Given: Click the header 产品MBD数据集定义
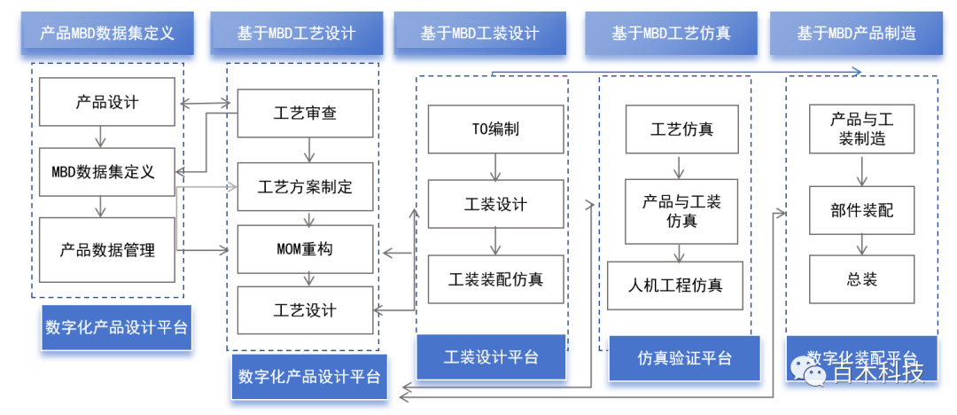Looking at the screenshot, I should click(x=107, y=34).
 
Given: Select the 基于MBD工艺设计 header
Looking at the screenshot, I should click(x=296, y=34).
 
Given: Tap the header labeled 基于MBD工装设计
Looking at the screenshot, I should click(x=479, y=34).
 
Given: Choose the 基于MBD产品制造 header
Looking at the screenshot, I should click(x=856, y=34).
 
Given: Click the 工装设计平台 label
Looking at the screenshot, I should click(x=491, y=357).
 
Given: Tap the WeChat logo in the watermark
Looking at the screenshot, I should click(x=809, y=371).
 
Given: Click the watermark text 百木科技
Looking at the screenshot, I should click(x=877, y=372).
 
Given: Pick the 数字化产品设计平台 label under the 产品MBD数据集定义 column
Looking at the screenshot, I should click(x=116, y=327).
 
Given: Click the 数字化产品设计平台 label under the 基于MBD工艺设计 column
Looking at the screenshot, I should click(x=309, y=377).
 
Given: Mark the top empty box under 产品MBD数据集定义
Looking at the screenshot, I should click(x=106, y=102).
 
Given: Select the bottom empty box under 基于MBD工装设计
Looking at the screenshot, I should click(x=495, y=279).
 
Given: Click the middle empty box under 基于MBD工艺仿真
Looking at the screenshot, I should click(x=681, y=211).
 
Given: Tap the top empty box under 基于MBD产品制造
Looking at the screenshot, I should click(x=861, y=129).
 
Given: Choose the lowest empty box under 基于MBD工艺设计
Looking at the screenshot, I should click(x=305, y=309).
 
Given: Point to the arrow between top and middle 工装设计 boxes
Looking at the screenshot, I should click(x=496, y=167).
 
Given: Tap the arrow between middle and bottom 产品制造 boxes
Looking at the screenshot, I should click(x=861, y=244).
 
